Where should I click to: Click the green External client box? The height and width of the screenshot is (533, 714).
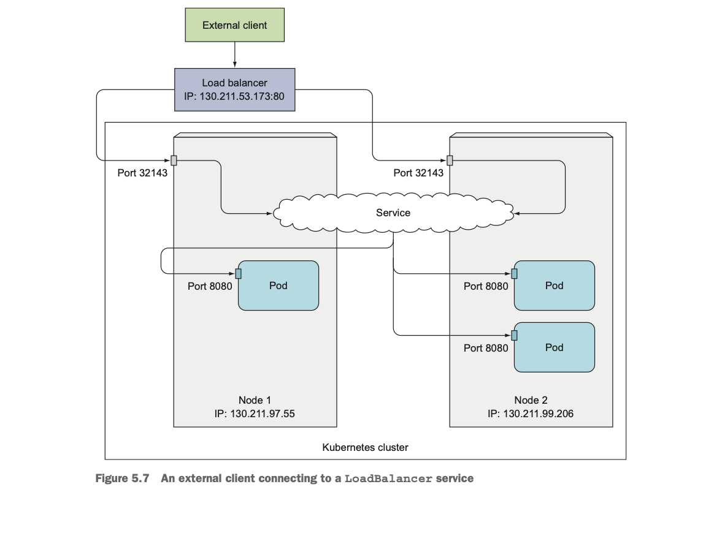pyautogui.click(x=234, y=25)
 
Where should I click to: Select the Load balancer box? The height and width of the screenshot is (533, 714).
pyautogui.click(x=234, y=89)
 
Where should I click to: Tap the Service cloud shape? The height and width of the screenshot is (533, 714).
pyautogui.click(x=393, y=213)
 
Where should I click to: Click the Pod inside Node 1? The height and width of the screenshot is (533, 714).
pyautogui.click(x=278, y=285)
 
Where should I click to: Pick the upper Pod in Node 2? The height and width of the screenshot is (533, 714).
pyautogui.click(x=554, y=285)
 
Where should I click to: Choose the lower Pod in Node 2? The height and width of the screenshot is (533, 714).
pyautogui.click(x=554, y=347)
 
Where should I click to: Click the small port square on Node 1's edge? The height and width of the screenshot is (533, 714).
pyautogui.click(x=174, y=160)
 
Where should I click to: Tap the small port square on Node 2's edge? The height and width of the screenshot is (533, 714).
pyautogui.click(x=450, y=160)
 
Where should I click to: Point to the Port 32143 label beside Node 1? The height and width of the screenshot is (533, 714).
pyautogui.click(x=142, y=173)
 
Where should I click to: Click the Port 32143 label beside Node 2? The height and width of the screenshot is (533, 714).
pyautogui.click(x=418, y=173)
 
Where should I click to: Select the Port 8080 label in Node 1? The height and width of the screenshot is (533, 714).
pyautogui.click(x=210, y=286)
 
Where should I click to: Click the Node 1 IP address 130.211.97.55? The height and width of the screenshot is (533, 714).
pyautogui.click(x=263, y=414)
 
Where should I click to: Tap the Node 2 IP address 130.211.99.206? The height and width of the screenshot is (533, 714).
pyautogui.click(x=538, y=414)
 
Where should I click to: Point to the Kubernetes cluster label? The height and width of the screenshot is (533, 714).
pyautogui.click(x=365, y=447)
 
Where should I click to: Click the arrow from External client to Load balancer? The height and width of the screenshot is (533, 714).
pyautogui.click(x=234, y=55)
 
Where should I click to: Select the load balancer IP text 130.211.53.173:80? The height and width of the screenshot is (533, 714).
pyautogui.click(x=242, y=96)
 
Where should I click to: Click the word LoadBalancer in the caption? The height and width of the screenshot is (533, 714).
pyautogui.click(x=388, y=478)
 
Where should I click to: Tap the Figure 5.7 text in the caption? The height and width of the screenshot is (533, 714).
pyautogui.click(x=122, y=478)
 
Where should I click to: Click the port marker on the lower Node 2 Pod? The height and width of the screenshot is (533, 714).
pyautogui.click(x=514, y=335)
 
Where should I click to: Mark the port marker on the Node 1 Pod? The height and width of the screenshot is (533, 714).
pyautogui.click(x=238, y=273)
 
